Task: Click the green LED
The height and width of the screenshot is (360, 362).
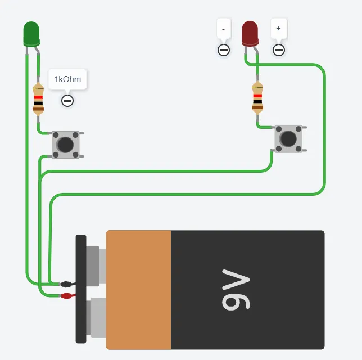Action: pos(31,33)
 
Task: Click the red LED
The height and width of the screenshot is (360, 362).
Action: pos(250,33)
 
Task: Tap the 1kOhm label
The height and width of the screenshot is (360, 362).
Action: pos(67,79)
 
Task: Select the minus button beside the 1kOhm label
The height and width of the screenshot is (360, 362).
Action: pos(67,101)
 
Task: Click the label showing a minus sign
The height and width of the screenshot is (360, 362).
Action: pos(224,28)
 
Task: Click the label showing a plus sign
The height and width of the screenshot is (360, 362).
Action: pos(278,28)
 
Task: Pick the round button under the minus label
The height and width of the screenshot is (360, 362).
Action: pos(224,50)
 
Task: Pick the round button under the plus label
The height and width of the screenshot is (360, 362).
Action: pos(278,50)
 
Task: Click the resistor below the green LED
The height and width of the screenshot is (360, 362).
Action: pos(38,100)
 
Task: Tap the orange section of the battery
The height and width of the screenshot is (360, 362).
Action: pos(138,289)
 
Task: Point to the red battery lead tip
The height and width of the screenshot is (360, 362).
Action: pos(67,295)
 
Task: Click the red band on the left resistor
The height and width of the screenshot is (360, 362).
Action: pos(38,97)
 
